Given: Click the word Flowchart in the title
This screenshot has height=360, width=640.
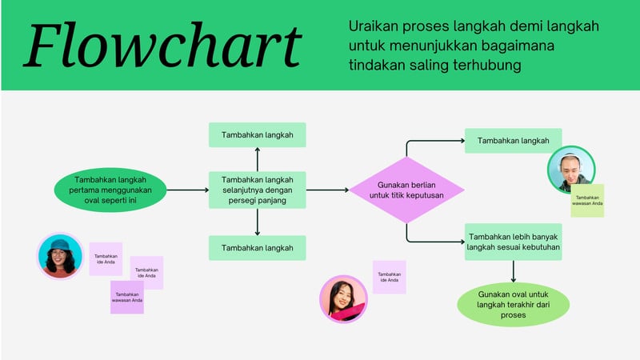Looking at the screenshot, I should (x=164, y=45).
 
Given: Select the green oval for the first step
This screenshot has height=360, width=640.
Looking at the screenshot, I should (x=110, y=190).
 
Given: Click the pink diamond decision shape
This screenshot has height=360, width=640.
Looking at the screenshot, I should (x=406, y=190).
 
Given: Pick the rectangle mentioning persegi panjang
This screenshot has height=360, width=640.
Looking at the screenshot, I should (x=257, y=190).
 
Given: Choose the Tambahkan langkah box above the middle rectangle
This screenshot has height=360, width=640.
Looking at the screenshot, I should (x=257, y=135).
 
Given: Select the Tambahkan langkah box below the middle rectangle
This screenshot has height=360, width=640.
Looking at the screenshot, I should (x=257, y=248).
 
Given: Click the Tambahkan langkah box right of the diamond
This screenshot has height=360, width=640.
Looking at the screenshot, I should (x=513, y=141).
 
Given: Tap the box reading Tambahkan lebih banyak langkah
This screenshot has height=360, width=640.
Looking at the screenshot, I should (x=513, y=242).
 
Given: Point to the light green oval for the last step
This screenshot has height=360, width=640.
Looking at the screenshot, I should (x=513, y=305).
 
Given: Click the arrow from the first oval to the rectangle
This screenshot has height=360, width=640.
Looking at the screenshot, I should (x=187, y=190).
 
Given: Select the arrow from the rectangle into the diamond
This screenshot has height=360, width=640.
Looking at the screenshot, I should (x=327, y=190).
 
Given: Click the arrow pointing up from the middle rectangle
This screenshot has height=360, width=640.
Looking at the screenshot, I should (x=257, y=159).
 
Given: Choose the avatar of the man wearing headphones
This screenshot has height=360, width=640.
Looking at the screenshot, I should (x=570, y=170).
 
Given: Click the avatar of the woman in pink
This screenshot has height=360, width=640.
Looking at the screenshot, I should (x=343, y=299).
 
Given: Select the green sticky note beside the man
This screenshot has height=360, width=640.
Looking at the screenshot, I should (x=587, y=201).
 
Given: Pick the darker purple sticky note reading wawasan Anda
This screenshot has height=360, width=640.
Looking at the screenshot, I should (x=126, y=298).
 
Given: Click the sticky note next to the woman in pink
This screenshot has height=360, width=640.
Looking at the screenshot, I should (x=389, y=277).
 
